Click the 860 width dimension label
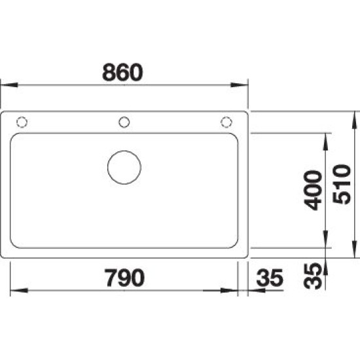[122, 72]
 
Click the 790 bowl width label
[124, 278]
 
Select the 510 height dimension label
[342, 184]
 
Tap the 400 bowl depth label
[312, 190]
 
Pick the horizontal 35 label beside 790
[270, 278]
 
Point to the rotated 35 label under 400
[312, 276]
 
